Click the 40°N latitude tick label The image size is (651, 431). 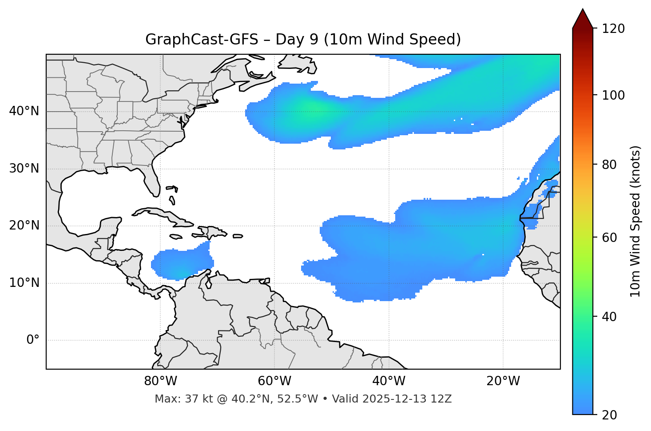[x=24, y=111]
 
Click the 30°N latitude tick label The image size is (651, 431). [x=24, y=169]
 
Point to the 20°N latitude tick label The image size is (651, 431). [x=24, y=226]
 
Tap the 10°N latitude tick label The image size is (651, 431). [x=24, y=283]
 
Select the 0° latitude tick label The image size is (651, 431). [x=33, y=340]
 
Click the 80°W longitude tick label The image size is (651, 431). [x=160, y=381]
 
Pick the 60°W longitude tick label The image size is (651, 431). [x=274, y=381]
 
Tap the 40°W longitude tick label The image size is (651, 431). [x=389, y=381]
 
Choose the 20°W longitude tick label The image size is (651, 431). [x=503, y=381]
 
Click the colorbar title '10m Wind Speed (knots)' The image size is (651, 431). [x=635, y=222]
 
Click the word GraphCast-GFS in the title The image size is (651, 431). [x=202, y=40]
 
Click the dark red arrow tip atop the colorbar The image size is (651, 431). [x=583, y=18]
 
